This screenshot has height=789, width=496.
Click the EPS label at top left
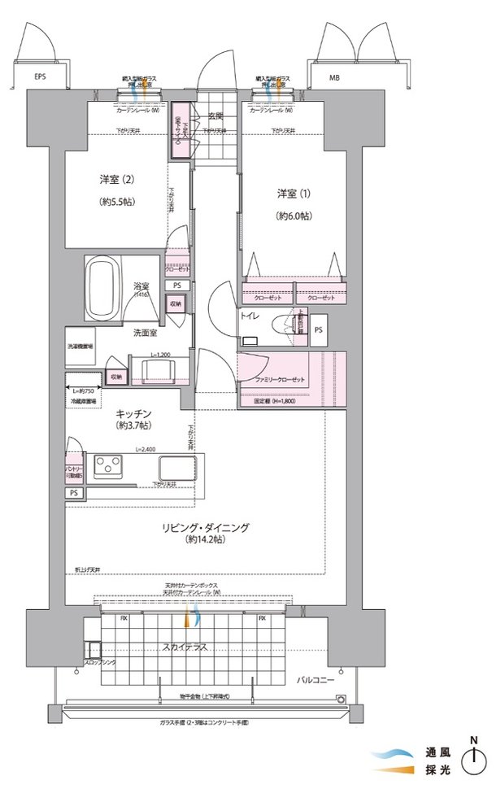(40, 78)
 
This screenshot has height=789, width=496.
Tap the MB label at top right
(334, 78)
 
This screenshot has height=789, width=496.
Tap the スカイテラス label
(185, 647)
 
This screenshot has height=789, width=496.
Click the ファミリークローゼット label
(281, 381)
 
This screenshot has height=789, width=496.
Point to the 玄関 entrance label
(215, 116)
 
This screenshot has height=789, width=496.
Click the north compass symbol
(472, 761)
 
